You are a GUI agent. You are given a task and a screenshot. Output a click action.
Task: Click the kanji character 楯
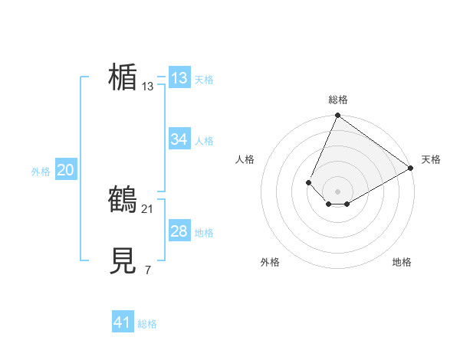pyautogui.click(x=123, y=77)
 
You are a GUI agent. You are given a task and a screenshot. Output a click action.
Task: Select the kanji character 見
pyautogui.click(x=123, y=261)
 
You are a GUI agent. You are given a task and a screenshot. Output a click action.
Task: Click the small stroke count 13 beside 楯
pyautogui.click(x=148, y=87)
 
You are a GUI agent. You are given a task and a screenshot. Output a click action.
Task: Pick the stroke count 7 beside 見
pyautogui.click(x=148, y=270)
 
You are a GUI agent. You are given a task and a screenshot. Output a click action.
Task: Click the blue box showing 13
pyautogui.click(x=179, y=78)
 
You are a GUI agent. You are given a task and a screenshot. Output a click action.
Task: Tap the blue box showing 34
pyautogui.click(x=179, y=139)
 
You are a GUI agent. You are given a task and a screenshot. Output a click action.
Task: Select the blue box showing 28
pyautogui.click(x=179, y=231)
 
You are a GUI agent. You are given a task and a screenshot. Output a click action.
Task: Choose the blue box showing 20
pyautogui.click(x=65, y=170)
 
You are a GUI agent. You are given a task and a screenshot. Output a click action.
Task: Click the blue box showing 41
pyautogui.click(x=123, y=322)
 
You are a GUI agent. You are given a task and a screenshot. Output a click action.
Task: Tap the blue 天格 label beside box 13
pyautogui.click(x=203, y=79)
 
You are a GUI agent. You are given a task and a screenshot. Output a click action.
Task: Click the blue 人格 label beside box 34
pyautogui.click(x=203, y=140)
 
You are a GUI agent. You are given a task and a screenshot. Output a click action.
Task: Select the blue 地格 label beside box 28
pyautogui.click(x=203, y=232)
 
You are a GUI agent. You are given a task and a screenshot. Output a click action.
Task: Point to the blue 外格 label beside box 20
pyautogui.click(x=41, y=172)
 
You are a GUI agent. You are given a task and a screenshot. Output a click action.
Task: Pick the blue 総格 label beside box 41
pyautogui.click(x=147, y=324)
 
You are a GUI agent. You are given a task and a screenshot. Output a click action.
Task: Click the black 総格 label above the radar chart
pyautogui.click(x=338, y=100)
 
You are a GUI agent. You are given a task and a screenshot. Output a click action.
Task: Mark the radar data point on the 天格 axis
pyautogui.click(x=410, y=169)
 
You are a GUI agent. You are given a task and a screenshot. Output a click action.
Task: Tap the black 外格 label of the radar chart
pyautogui.click(x=270, y=262)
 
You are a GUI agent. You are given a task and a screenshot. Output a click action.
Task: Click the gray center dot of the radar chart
pyautogui.click(x=337, y=191)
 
